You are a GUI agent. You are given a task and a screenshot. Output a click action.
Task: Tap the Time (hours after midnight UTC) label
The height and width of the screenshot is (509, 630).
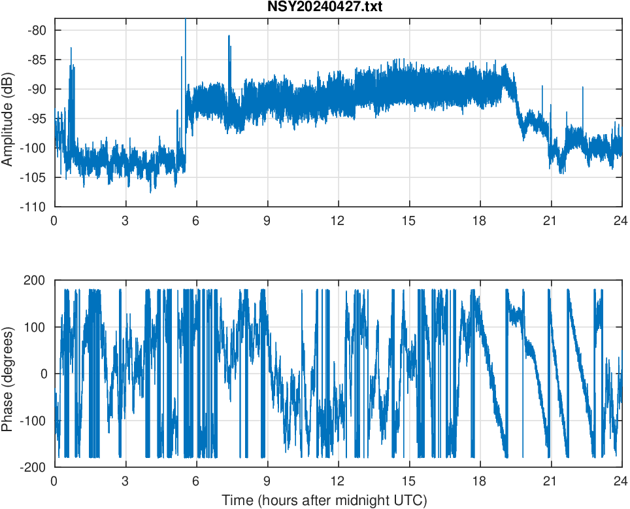coord(324,500)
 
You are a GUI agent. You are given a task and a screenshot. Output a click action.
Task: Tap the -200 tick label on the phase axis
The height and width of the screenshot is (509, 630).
coord(37,467)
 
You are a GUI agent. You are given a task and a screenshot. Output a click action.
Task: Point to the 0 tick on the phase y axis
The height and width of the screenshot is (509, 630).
coord(45,374)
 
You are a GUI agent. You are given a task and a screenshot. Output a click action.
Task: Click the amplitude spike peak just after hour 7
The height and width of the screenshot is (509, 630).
coord(229,37)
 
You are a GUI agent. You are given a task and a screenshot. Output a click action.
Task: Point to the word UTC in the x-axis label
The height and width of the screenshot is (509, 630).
coord(412,500)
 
